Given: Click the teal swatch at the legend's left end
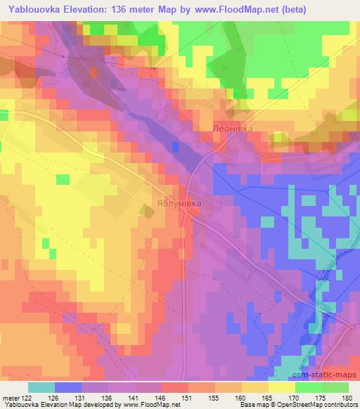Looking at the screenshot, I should (41, 387).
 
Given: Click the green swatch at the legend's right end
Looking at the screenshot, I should (335, 387).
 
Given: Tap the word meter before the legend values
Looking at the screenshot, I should (11, 398).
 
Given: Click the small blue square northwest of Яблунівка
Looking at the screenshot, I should (175, 146).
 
